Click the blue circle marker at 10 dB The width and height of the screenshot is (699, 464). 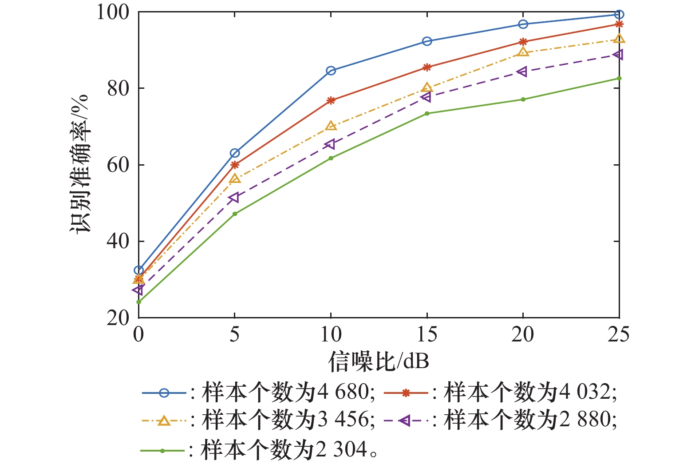(x=331, y=71)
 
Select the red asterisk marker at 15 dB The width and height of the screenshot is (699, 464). (x=427, y=67)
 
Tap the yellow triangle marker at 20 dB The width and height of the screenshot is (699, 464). (x=523, y=52)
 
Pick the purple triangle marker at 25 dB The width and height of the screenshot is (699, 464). (x=618, y=55)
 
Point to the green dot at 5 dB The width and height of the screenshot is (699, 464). (x=235, y=214)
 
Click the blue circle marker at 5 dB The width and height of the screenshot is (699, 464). (x=235, y=153)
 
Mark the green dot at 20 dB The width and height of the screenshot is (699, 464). (x=523, y=99)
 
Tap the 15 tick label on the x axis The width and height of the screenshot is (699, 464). (x=427, y=335)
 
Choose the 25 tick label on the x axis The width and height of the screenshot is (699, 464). (x=619, y=335)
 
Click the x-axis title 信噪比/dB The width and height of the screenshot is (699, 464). (x=379, y=361)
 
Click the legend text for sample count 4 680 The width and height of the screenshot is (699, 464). (x=288, y=393)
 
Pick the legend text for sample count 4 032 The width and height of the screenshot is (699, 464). (x=530, y=393)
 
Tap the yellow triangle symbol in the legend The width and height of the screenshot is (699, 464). (x=164, y=420)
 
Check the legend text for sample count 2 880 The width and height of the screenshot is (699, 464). (x=530, y=420)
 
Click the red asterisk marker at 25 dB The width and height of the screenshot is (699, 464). (x=619, y=24)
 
